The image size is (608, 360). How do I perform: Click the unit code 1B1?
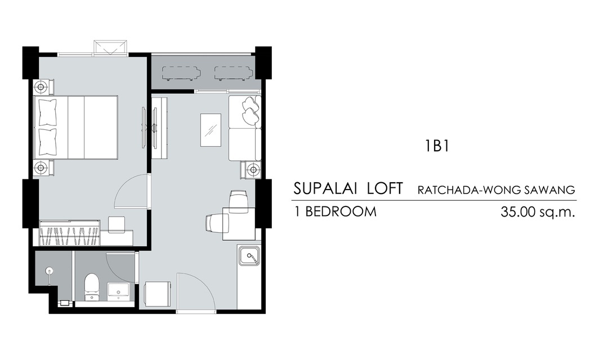pyautogui.click(x=437, y=146)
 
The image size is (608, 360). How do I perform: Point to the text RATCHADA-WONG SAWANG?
pyautogui.click(x=496, y=190)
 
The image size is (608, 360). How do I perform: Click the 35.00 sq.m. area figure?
pyautogui.click(x=538, y=212)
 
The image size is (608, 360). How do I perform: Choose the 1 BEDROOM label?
pyautogui.click(x=335, y=211)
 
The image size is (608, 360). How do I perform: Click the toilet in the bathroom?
pyautogui.click(x=92, y=287)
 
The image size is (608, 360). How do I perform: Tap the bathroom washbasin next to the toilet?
pyautogui.click(x=119, y=291)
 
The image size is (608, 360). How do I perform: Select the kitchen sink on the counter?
pyautogui.click(x=249, y=256)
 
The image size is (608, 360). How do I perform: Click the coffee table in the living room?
pyautogui.click(x=211, y=130)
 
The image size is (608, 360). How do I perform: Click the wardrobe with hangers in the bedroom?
pyautogui.click(x=70, y=233)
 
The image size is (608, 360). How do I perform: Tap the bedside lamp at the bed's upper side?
pyautogui.click(x=41, y=86)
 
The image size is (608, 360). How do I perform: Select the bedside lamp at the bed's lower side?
pyautogui.click(x=41, y=168)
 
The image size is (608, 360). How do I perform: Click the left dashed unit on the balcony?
pyautogui.click(x=181, y=73)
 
